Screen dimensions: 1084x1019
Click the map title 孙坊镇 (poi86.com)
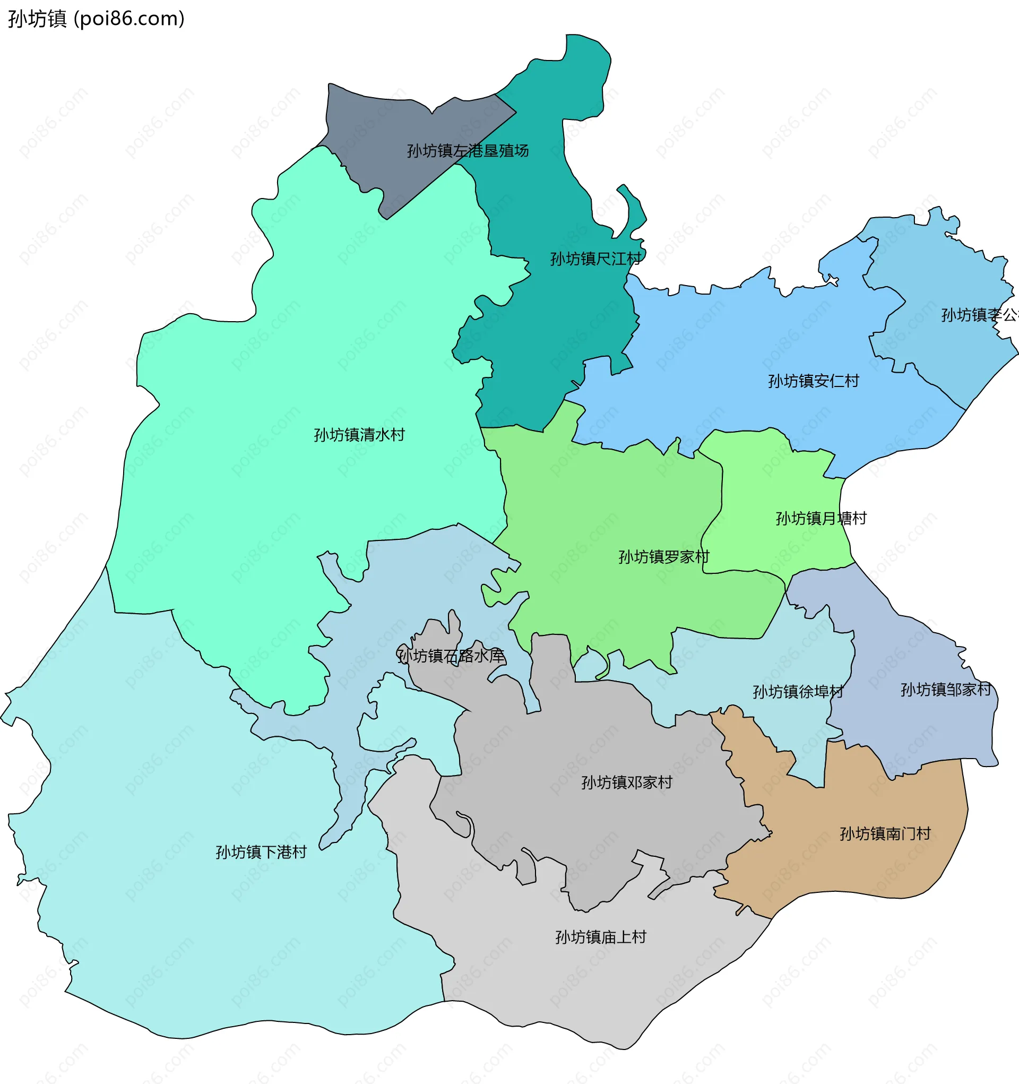pyautogui.click(x=96, y=19)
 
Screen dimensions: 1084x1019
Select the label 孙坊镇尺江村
pyautogui.click(x=596, y=259)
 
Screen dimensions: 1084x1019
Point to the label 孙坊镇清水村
pyautogui.click(x=359, y=435)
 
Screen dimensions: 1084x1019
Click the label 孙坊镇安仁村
pyautogui.click(x=814, y=381)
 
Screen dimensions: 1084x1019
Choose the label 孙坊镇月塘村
pyautogui.click(x=821, y=518)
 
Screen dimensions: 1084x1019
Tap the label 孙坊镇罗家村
pyautogui.click(x=663, y=557)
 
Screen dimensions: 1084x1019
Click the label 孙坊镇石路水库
pyautogui.click(x=451, y=656)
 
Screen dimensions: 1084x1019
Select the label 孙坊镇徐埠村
pyautogui.click(x=798, y=692)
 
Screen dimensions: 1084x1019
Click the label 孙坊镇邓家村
pyautogui.click(x=627, y=782)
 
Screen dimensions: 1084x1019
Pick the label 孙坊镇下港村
pyautogui.click(x=261, y=851)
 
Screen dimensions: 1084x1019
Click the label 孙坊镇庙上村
pyautogui.click(x=601, y=937)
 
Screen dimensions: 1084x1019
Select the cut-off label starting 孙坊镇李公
pyautogui.click(x=979, y=315)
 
